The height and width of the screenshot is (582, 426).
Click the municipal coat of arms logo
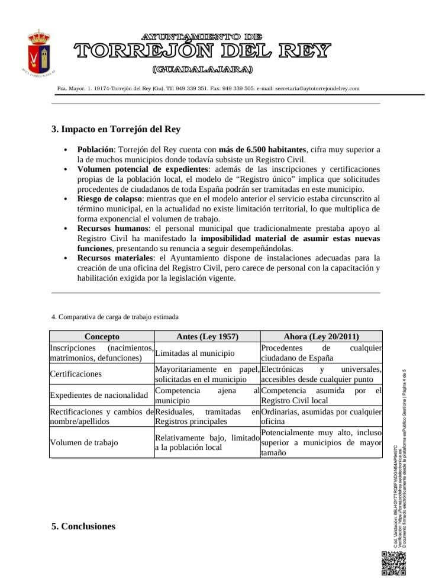point(39,54)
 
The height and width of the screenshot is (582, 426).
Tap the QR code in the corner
point(393,563)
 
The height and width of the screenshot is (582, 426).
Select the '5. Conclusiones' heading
point(83,526)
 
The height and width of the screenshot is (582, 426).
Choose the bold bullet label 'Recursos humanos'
point(111,228)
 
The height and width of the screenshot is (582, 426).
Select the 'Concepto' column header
point(102,336)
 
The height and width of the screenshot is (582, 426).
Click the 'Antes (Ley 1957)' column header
point(207,336)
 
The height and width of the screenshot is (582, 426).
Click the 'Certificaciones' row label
point(76,374)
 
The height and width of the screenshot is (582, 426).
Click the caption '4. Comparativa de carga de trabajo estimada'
point(115,317)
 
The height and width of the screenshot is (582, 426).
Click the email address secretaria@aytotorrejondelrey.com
point(317,88)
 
